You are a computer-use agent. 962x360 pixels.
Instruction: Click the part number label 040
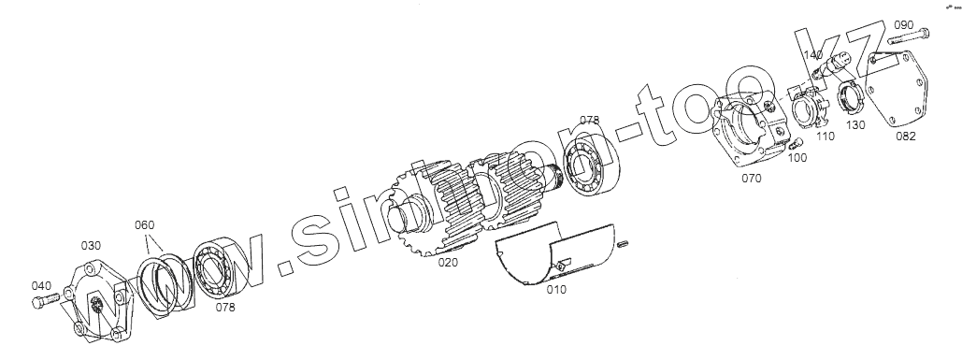click(x=42, y=286)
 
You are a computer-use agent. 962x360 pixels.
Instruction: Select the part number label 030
click(x=91, y=246)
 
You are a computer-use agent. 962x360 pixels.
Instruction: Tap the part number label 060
click(x=145, y=225)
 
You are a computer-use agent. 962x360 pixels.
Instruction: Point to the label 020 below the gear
click(x=448, y=263)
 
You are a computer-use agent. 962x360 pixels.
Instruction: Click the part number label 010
click(x=556, y=290)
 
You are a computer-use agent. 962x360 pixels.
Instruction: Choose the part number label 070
click(x=752, y=179)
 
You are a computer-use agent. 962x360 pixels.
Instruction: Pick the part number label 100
click(x=797, y=158)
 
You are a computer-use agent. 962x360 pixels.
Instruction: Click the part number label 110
click(x=826, y=137)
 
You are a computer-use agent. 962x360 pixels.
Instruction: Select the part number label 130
click(x=855, y=125)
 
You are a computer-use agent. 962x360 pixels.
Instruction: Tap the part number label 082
click(x=906, y=137)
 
